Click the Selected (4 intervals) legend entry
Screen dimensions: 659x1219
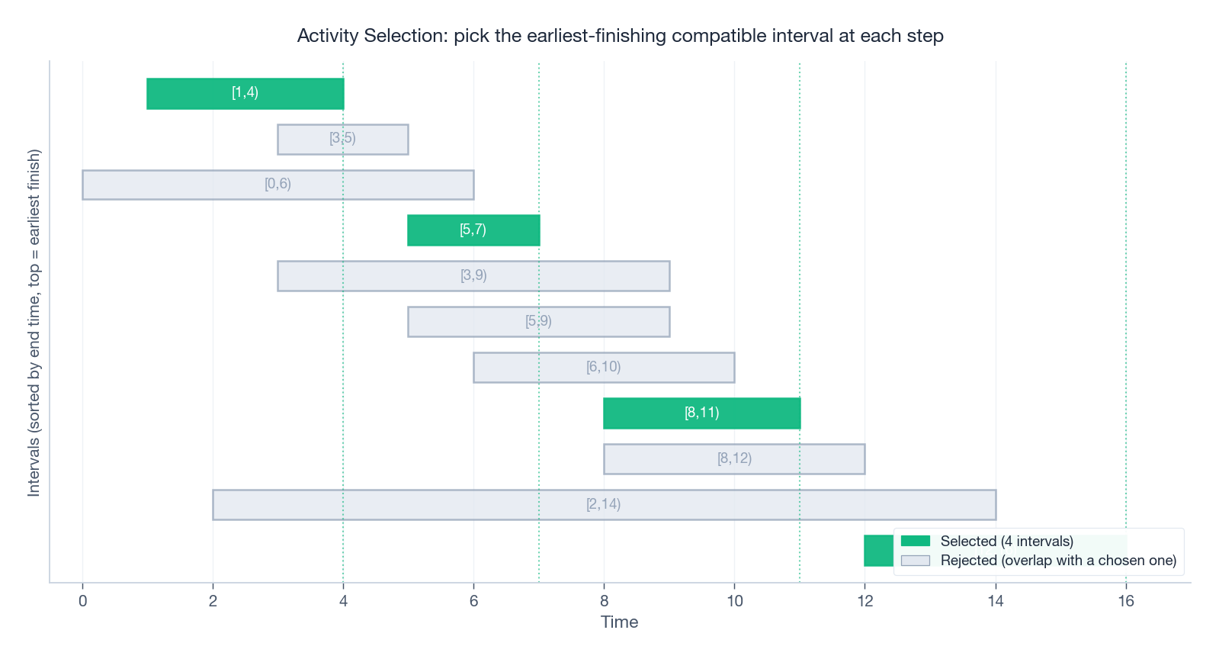point(1006,541)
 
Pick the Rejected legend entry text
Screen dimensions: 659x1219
point(1058,561)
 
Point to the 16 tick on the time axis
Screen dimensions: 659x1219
point(1126,601)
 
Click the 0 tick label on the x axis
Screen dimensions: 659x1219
point(82,601)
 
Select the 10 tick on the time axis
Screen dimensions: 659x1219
point(734,601)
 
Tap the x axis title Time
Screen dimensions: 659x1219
point(619,622)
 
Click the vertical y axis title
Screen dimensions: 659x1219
point(34,323)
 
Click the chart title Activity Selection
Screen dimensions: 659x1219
point(620,36)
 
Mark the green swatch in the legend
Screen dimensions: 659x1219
point(915,541)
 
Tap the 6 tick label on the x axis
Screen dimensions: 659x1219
point(473,601)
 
